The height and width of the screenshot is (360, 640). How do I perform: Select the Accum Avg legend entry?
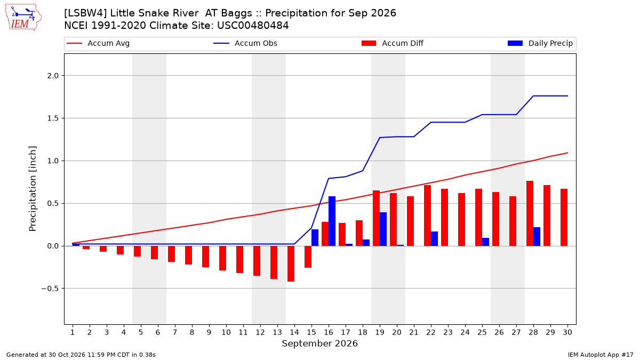tap(98, 43)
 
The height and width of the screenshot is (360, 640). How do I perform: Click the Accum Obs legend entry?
tap(245, 43)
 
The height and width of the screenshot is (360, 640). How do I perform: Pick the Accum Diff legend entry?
tap(393, 43)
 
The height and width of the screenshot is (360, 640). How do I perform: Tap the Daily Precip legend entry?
tap(540, 43)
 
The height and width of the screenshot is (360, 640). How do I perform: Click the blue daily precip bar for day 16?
tap(332, 221)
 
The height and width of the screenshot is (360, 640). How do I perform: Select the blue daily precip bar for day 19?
tap(383, 229)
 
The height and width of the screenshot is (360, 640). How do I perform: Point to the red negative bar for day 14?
tap(291, 263)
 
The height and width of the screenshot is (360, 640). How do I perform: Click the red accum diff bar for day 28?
tap(530, 213)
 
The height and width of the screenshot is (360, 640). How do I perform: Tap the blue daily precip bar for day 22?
tap(434, 239)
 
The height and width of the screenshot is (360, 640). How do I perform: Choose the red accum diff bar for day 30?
tap(564, 218)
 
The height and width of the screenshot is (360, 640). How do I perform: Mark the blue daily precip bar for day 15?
tap(315, 238)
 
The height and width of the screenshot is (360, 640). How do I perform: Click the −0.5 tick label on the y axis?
tap(50, 289)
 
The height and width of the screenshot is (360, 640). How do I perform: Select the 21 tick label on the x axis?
tap(414, 332)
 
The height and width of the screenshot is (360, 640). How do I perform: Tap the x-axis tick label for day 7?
tap(175, 332)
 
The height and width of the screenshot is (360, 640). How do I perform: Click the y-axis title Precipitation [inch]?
tap(33, 189)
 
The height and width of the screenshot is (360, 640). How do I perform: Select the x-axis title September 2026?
tap(319, 343)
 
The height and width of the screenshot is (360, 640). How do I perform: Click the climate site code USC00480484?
tap(253, 26)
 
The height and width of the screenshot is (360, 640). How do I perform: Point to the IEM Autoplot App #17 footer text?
tap(601, 355)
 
